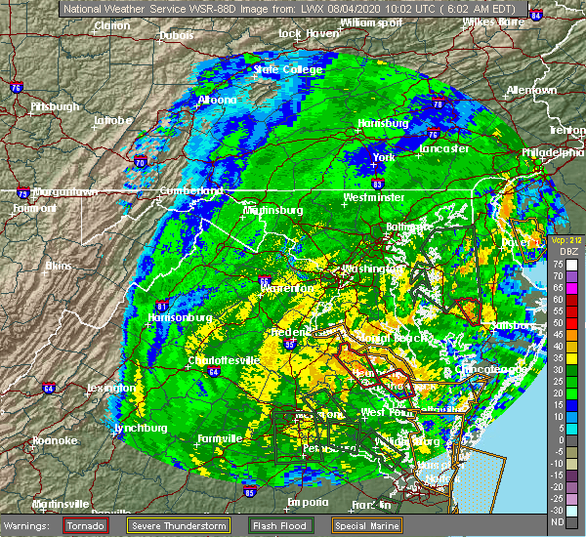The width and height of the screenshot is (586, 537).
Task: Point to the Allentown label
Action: click(531, 90)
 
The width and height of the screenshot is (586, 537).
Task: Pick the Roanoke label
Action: click(54, 440)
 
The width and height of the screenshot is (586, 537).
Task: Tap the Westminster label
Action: click(373, 197)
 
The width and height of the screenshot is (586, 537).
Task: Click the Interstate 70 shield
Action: click(140, 162)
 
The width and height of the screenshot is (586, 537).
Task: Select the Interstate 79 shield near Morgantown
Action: click(22, 193)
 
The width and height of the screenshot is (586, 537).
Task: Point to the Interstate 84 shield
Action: click(535, 15)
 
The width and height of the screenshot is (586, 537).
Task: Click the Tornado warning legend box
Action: click(85, 525)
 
